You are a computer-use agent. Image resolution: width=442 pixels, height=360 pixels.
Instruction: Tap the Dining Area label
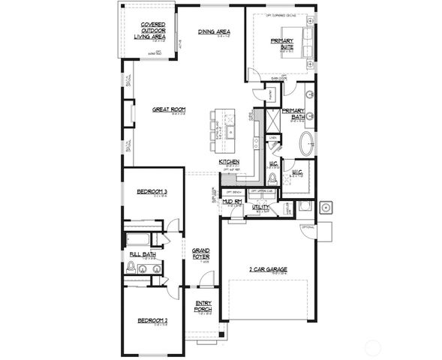pyautogui.click(x=213, y=31)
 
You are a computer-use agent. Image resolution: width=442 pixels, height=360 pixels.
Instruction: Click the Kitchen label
pyautogui.click(x=229, y=162)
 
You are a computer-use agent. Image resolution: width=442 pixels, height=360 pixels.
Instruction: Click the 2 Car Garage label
pyautogui.click(x=268, y=268)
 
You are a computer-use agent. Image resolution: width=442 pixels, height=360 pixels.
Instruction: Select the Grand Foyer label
pyautogui.click(x=200, y=253)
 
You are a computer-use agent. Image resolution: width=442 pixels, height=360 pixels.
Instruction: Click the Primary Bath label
pyautogui.click(x=292, y=113)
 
